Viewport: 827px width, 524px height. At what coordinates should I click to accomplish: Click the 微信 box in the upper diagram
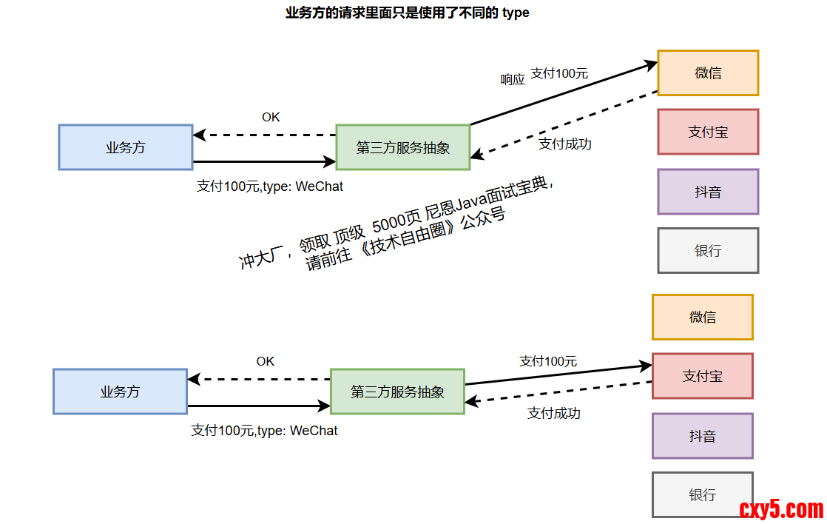click(708, 73)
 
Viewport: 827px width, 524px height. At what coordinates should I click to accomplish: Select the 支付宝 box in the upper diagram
click(708, 132)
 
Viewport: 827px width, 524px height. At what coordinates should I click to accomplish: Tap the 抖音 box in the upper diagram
click(708, 192)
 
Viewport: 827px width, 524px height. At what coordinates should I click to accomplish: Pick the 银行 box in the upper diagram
click(708, 251)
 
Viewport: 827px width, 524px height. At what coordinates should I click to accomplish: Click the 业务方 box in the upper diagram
click(126, 147)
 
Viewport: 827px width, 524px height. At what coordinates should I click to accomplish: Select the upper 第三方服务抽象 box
click(403, 147)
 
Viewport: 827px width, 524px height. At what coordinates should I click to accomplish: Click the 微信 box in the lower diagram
click(702, 317)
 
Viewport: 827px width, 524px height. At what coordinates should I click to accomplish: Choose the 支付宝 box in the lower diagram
click(702, 376)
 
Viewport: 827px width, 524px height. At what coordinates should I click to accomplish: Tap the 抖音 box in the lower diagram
click(702, 436)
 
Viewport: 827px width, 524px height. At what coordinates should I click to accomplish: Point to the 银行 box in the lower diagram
click(702, 494)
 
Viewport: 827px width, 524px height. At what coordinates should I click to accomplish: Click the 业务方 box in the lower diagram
click(120, 392)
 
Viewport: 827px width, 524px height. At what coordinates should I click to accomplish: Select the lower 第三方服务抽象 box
click(397, 392)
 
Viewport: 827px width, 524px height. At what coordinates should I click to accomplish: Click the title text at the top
click(408, 13)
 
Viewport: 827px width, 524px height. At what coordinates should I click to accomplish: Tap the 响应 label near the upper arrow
click(513, 79)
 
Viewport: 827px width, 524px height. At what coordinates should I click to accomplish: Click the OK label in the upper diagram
click(271, 117)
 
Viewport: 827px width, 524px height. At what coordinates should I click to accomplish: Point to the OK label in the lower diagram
click(266, 361)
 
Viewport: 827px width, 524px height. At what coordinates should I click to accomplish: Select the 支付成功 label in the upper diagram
click(565, 144)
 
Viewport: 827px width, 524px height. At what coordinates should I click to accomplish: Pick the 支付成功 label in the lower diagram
click(554, 413)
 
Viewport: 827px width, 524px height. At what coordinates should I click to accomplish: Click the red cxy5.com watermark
click(781, 509)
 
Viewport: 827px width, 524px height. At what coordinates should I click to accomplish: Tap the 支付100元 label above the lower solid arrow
click(548, 361)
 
